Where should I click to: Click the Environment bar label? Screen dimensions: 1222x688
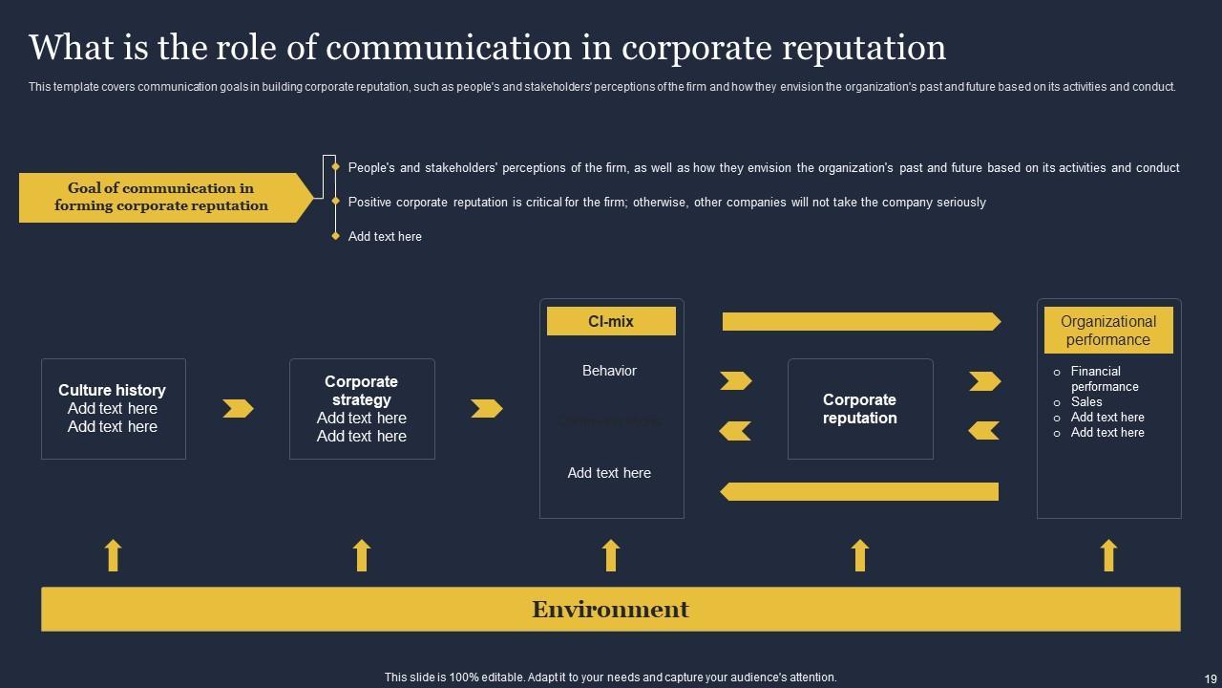[610, 610]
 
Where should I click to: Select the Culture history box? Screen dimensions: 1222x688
[113, 409]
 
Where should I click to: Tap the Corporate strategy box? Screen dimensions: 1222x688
[362, 409]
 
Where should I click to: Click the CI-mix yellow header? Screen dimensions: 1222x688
[611, 322]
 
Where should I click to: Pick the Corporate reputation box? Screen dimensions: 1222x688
[859, 409]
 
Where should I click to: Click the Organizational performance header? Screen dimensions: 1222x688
[1108, 331]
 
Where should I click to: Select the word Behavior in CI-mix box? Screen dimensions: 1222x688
[609, 371]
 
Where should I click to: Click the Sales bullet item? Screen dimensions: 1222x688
[1086, 402]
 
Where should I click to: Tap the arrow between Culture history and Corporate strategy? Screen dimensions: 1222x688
[238, 409]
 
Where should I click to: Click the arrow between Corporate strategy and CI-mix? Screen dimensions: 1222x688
[486, 409]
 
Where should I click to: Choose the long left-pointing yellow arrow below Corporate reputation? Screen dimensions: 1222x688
[859, 491]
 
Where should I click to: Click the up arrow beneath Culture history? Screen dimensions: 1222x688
[113, 555]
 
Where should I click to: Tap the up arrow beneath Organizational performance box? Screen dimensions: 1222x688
[1108, 555]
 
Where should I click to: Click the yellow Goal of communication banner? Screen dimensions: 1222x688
[162, 197]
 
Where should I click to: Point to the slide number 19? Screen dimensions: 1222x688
[1210, 677]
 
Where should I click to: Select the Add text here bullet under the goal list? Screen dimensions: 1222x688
[385, 236]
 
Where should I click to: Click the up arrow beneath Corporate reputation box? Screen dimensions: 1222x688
[860, 555]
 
